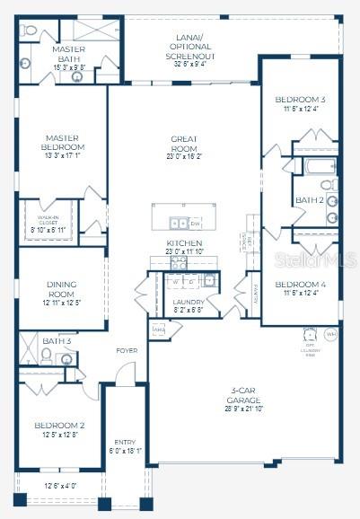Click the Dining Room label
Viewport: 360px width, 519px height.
click(62, 293)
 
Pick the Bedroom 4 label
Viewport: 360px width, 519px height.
click(301, 287)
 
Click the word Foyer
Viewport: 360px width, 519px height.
click(127, 350)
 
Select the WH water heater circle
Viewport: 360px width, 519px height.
click(330, 335)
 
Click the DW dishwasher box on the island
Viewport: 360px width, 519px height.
click(195, 223)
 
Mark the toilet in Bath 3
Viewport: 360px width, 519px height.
click(66, 360)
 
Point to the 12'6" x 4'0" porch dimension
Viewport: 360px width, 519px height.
click(61, 487)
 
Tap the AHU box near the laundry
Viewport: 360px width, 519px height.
click(159, 330)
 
